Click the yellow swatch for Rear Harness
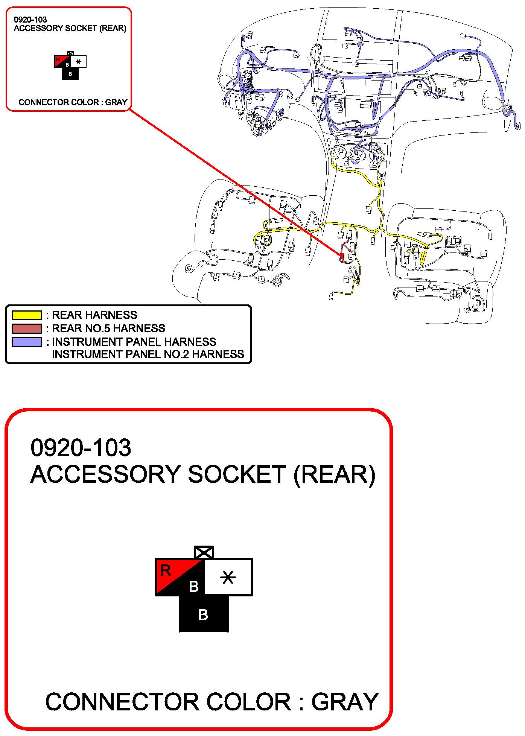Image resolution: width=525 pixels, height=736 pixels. pos(26,315)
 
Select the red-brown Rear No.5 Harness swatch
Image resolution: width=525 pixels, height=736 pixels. pos(26,328)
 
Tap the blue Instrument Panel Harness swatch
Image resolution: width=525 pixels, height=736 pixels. pos(26,342)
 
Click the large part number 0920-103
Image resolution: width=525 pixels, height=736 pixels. pos(81,448)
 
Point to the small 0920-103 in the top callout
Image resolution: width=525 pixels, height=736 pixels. pos(30,20)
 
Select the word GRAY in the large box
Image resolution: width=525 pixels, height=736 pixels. pos(345,702)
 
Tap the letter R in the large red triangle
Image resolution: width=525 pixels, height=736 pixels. pos(166,570)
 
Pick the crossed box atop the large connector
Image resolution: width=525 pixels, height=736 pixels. pos(204,552)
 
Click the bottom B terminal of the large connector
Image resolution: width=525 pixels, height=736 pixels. pos(203,614)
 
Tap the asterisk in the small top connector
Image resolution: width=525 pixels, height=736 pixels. pos(78,62)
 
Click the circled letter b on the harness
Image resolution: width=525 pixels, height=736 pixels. pos(382,175)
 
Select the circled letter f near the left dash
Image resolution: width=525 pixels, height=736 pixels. pos(226,103)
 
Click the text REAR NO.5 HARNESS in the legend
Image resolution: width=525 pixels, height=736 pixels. pos(108,328)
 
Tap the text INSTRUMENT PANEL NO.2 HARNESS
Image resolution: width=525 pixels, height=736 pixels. pos(148,354)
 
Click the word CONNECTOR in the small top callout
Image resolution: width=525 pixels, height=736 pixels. pos(40,102)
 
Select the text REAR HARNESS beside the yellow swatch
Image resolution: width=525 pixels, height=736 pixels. pos(94,315)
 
